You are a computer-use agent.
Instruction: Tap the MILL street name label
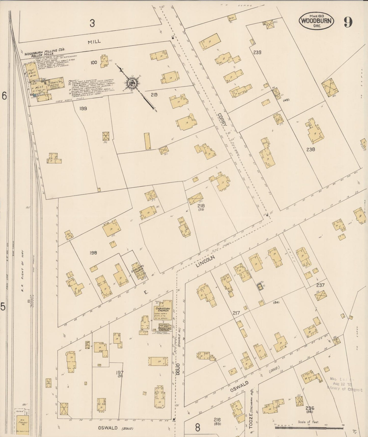click(94, 41)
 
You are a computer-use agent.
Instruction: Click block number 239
click(257, 53)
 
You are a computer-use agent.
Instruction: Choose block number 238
click(310, 149)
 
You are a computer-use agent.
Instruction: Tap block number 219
click(154, 95)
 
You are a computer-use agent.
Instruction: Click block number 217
click(236, 313)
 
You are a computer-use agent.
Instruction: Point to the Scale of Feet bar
click(309, 427)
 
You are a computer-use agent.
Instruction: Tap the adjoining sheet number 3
click(92, 24)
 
